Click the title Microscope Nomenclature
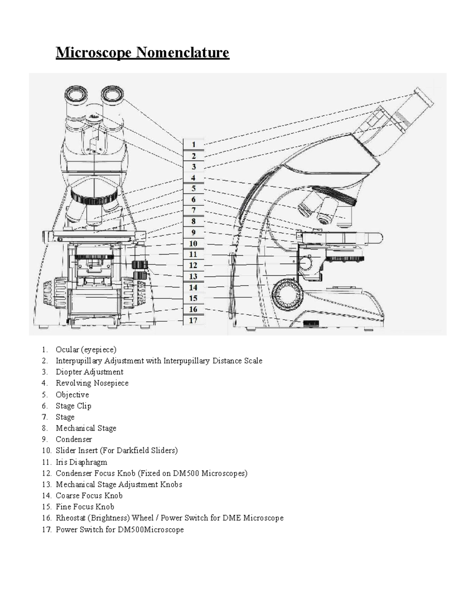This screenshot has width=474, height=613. (142, 52)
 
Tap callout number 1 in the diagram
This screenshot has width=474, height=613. (194, 145)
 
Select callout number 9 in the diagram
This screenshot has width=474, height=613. (194, 232)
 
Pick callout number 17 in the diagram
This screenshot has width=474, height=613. (193, 320)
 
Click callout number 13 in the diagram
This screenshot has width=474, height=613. (193, 276)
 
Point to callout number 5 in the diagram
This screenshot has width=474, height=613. (194, 189)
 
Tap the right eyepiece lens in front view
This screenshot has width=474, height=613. (113, 95)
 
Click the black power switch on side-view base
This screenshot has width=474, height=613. (311, 323)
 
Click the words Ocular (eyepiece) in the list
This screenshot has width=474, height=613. (86, 349)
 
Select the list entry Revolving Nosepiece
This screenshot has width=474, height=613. (92, 383)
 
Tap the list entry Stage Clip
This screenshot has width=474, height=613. (73, 406)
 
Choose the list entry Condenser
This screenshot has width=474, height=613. (74, 439)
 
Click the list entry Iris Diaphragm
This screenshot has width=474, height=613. (81, 462)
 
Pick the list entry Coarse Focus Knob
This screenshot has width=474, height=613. (89, 495)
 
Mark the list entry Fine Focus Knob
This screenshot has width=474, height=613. (85, 506)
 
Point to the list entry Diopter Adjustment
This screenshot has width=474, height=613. (89, 372)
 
